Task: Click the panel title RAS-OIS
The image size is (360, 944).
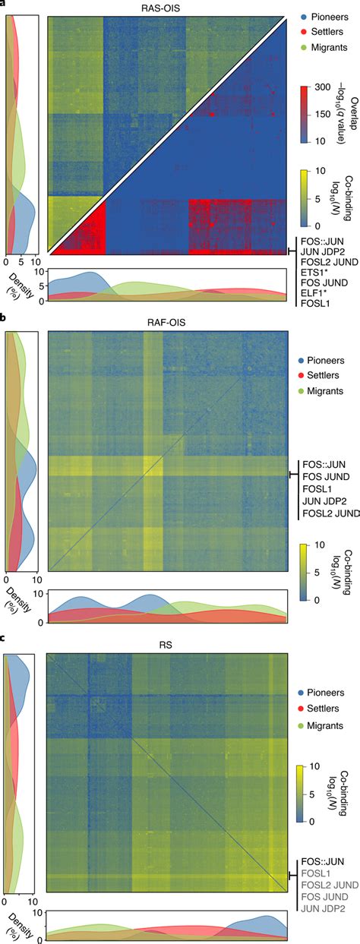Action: (x=167, y=6)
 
